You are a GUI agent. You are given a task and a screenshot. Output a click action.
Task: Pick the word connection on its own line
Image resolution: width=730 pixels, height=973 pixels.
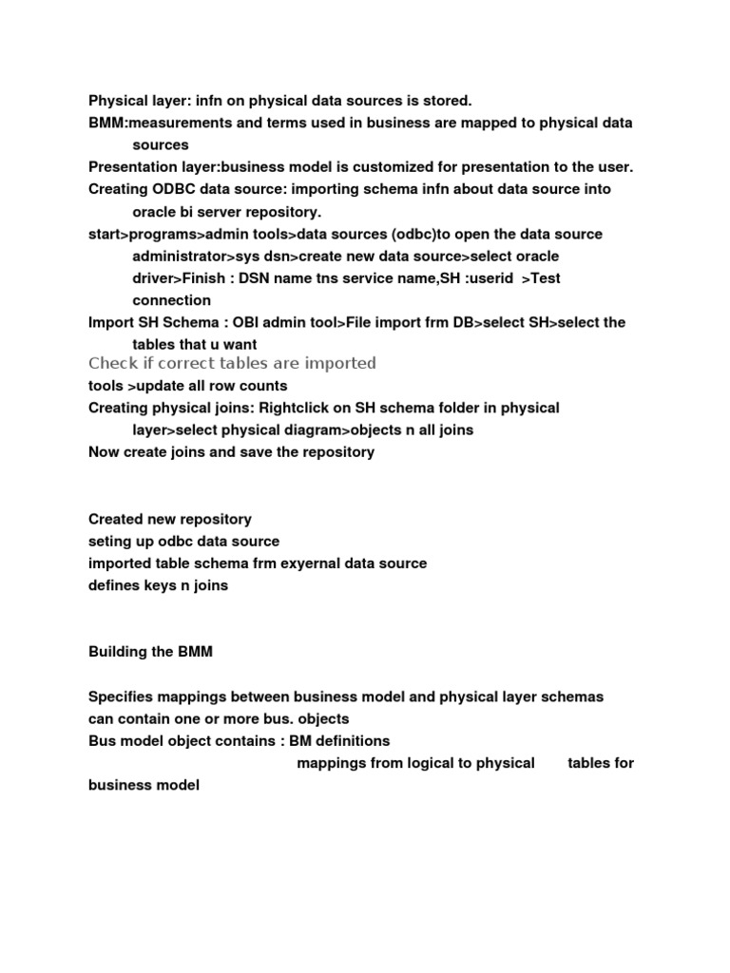pyautogui.click(x=172, y=300)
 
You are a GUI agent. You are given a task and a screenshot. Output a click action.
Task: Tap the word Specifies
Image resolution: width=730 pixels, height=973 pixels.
pyautogui.click(x=123, y=696)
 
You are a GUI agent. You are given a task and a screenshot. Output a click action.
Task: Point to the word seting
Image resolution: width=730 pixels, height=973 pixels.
pyautogui.click(x=110, y=542)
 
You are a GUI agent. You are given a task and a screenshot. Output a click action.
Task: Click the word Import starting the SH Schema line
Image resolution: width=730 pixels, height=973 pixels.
pyautogui.click(x=111, y=322)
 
